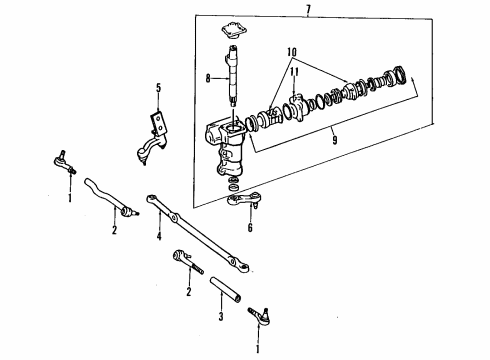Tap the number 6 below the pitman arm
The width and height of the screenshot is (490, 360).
[x=250, y=227]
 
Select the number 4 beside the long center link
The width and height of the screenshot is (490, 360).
[x=157, y=236]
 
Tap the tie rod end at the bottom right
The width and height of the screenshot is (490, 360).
[x=260, y=319]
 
